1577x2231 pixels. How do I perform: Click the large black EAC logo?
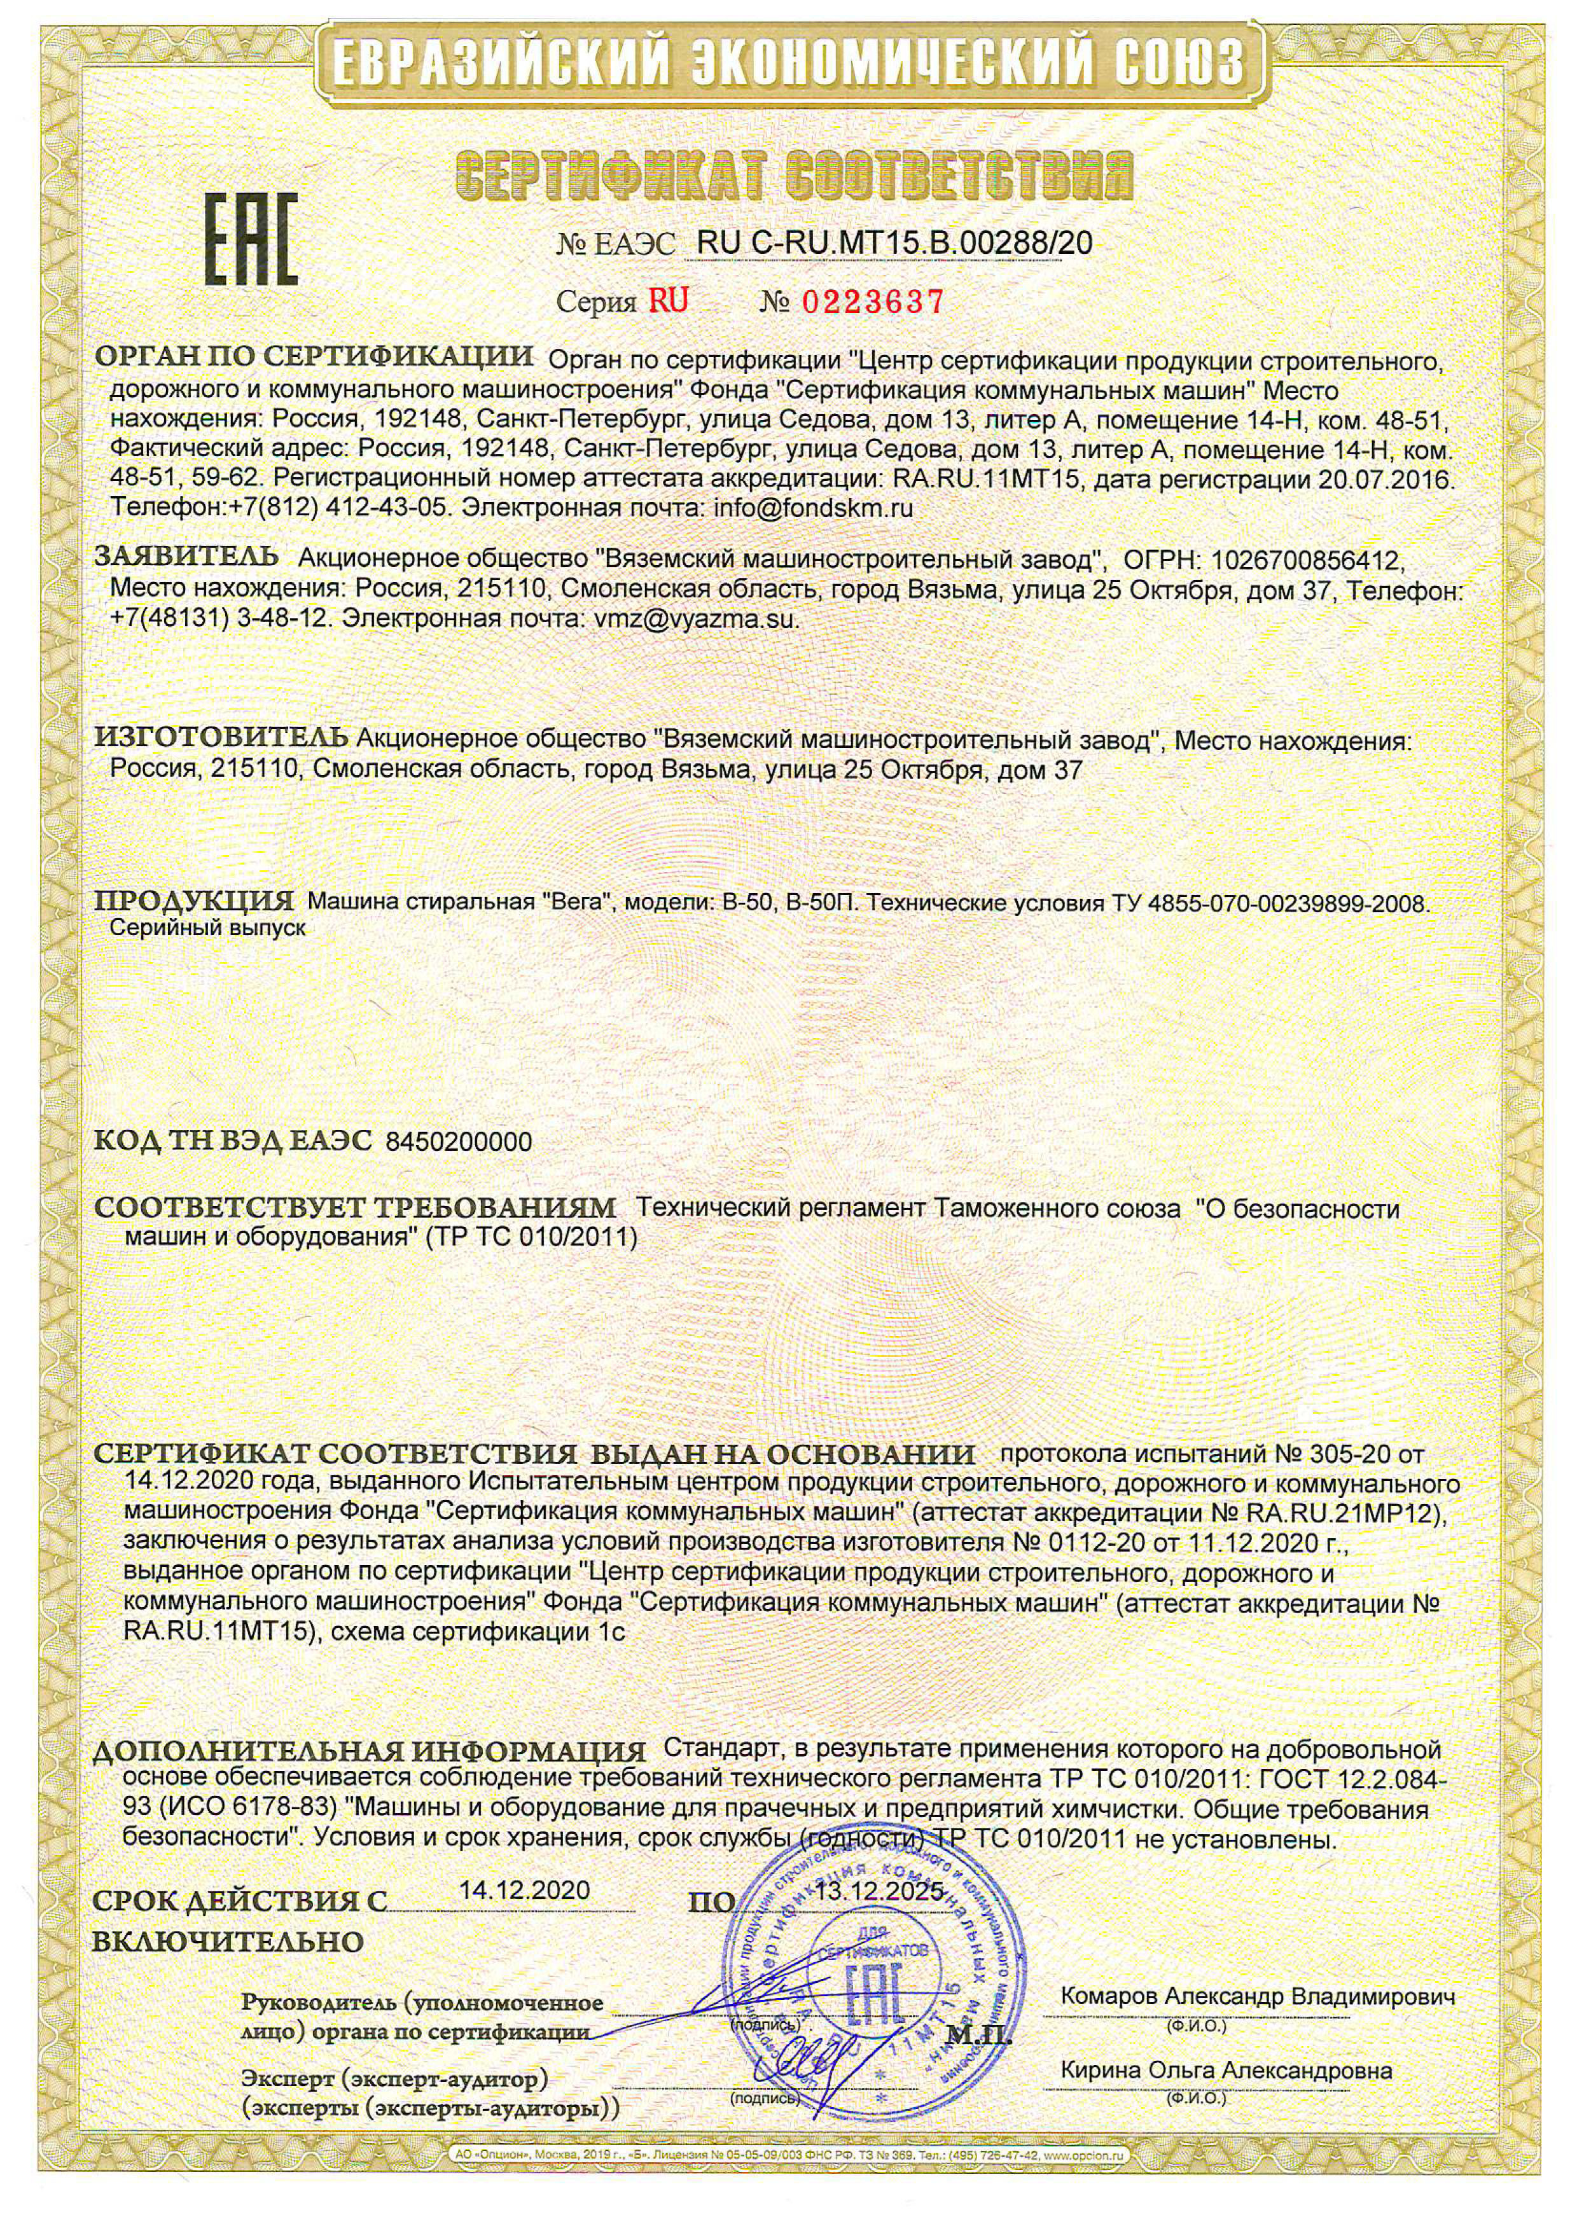tap(250, 240)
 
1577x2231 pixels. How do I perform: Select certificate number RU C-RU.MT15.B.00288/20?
tap(894, 243)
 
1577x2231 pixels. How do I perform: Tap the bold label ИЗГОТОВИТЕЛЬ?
tap(221, 737)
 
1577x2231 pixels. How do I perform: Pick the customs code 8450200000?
tap(459, 1142)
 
